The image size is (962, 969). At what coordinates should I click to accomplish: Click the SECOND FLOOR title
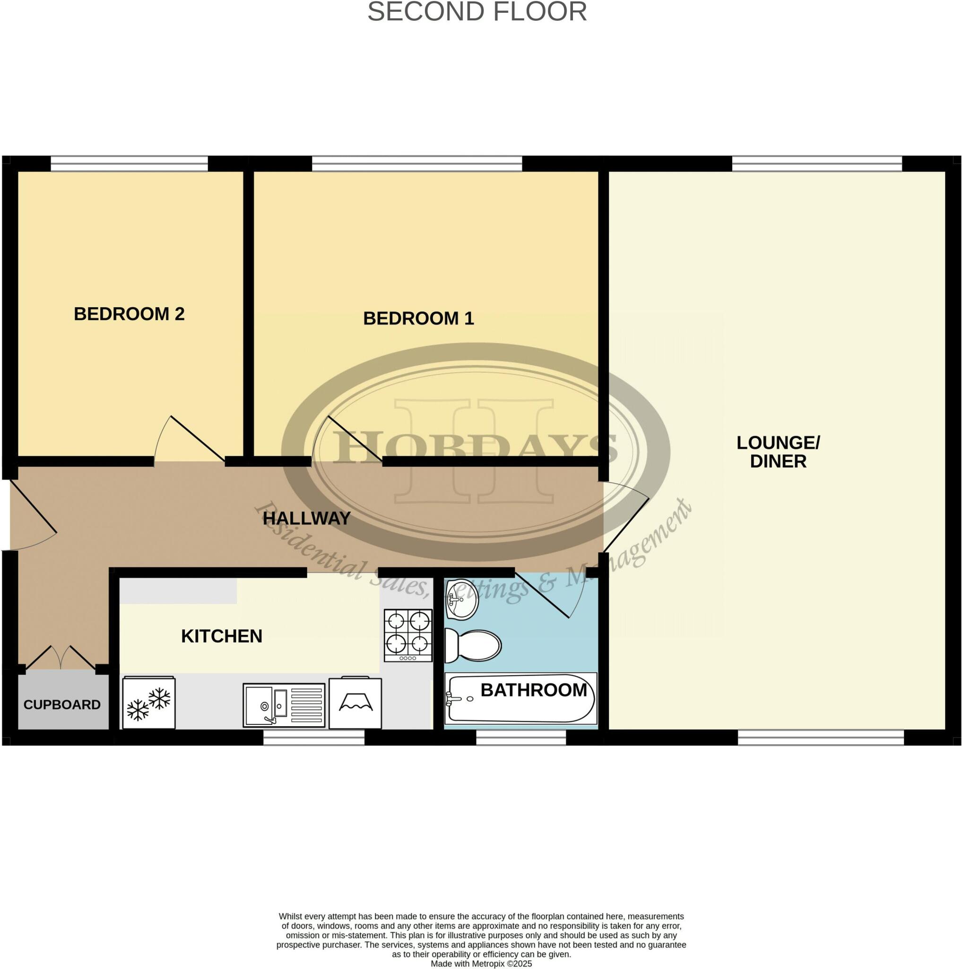(477, 11)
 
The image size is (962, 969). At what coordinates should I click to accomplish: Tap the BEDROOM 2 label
(129, 314)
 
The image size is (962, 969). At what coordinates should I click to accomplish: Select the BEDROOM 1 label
(418, 318)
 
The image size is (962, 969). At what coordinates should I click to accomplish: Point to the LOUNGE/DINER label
(778, 452)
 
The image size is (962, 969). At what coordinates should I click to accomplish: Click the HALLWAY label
(306, 518)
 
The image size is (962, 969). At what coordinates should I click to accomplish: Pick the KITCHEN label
(221, 636)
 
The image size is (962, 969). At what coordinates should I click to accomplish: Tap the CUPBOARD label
(62, 705)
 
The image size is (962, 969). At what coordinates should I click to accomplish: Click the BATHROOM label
(533, 690)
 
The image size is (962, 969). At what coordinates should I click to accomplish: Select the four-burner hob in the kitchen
(408, 635)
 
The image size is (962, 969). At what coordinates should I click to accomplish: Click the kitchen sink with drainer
(284, 705)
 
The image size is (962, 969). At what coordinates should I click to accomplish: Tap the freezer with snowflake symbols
(149, 703)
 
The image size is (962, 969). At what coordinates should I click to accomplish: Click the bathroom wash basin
(461, 599)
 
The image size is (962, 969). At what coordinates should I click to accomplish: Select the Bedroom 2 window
(129, 164)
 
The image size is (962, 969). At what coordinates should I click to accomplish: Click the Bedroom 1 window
(417, 164)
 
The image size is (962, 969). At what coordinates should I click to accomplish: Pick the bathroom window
(520, 737)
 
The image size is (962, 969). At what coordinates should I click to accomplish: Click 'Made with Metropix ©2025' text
(481, 963)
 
